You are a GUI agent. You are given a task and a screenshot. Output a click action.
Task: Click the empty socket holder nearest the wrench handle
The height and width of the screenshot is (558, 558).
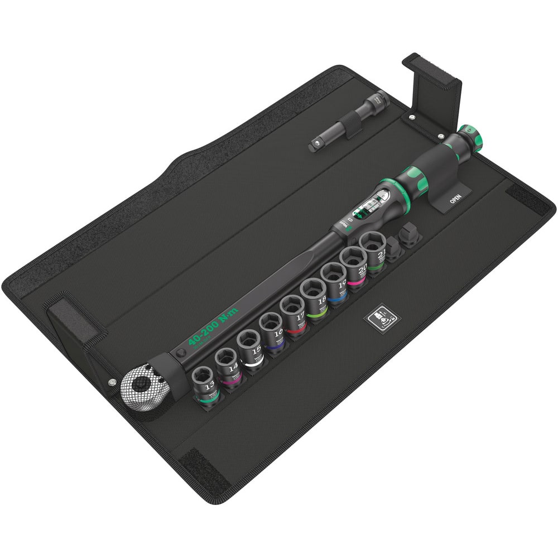[x=411, y=236]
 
